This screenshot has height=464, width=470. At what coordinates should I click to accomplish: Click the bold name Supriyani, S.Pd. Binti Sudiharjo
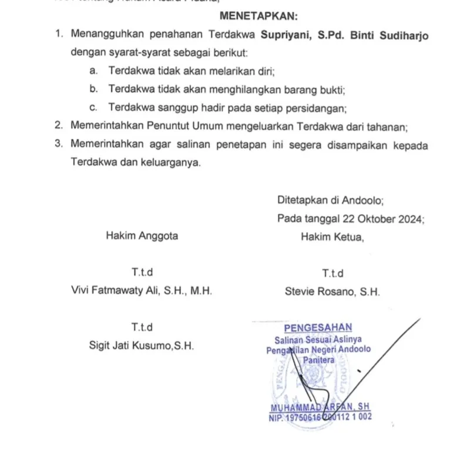click(344, 35)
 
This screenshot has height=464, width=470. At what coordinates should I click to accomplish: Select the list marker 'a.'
click(93, 71)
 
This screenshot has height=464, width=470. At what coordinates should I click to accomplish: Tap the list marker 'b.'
click(93, 89)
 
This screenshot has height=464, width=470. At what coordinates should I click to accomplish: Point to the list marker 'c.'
click(93, 108)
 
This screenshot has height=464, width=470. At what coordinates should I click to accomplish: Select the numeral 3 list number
click(58, 144)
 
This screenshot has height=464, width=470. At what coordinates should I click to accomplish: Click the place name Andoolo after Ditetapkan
click(364, 200)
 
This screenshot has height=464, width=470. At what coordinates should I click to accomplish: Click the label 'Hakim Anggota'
click(142, 236)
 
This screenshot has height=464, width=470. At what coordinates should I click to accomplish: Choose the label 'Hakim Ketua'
click(332, 237)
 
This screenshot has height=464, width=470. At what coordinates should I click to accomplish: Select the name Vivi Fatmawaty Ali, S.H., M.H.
click(141, 291)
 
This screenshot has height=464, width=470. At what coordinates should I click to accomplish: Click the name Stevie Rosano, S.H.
click(332, 291)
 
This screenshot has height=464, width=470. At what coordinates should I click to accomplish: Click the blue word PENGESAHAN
click(317, 328)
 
